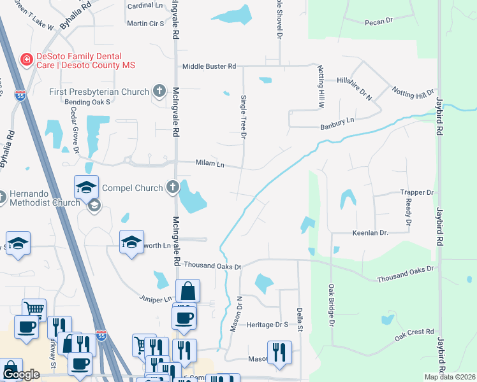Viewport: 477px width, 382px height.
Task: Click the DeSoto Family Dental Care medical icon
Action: [27, 60]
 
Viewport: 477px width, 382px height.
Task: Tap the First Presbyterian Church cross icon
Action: [159, 92]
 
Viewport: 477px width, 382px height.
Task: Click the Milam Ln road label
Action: [209, 164]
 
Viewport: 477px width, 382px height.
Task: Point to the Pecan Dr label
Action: [379, 22]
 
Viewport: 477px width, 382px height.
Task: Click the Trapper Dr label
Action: [417, 192]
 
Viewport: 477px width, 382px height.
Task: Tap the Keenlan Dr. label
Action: [370, 234]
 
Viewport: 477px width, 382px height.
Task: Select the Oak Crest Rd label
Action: [414, 334]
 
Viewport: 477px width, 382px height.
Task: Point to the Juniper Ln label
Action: [157, 298]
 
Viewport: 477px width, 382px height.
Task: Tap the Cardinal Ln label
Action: [146, 5]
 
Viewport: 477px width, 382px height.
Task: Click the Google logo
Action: [21, 374]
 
